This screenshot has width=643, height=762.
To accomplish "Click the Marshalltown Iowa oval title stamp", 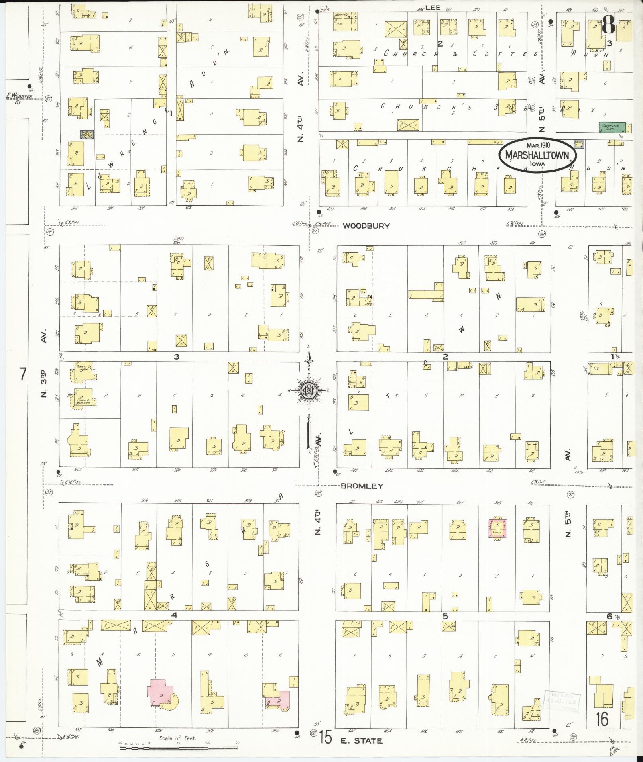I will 537,155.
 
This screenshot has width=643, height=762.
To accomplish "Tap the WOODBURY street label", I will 366,226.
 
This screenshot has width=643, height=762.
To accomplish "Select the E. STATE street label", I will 362,741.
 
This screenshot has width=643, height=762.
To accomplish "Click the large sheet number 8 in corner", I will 608,25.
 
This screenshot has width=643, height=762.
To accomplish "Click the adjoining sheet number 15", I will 325,738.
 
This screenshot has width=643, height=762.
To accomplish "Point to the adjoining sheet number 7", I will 23,374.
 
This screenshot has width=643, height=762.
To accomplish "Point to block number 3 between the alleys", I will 176,357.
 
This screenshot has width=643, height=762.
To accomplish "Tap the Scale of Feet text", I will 178,738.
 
